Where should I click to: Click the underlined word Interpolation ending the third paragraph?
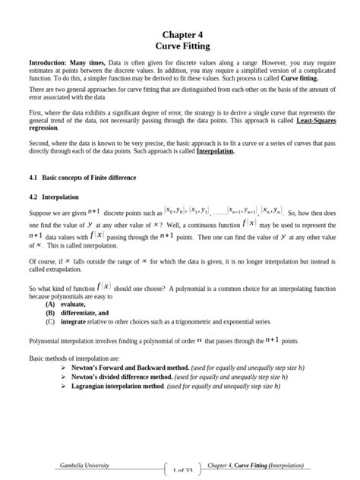(215, 151)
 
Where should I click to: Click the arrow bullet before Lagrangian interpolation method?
(65, 385)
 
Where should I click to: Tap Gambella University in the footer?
(84, 465)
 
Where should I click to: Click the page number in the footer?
(182, 471)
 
